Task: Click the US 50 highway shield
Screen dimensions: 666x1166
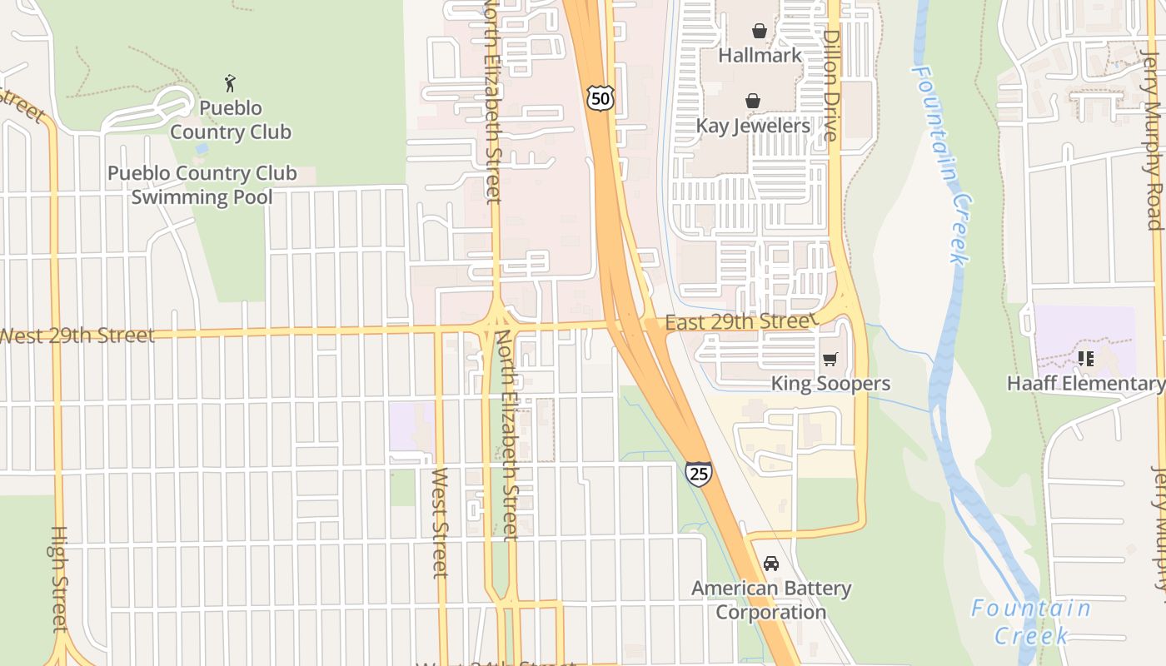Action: pos(600,97)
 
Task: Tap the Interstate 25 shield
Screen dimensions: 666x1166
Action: pos(699,473)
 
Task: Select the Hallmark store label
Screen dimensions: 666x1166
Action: pos(760,56)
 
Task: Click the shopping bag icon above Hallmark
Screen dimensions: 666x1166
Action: pos(760,32)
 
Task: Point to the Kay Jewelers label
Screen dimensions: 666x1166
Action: pos(753,127)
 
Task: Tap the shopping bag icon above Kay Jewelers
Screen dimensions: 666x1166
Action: pos(753,102)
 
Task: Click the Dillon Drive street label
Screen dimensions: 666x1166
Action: pos(831,86)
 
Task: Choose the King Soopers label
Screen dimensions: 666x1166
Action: pos(830,384)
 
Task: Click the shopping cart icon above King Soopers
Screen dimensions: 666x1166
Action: pos(830,360)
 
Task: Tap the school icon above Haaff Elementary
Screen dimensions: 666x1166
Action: pos(1085,359)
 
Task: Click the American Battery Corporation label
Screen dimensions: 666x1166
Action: pos(771,600)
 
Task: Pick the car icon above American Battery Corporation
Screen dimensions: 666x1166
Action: pos(771,564)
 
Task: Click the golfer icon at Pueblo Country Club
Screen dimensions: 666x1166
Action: pos(231,83)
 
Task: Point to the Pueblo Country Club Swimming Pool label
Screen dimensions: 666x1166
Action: pos(202,185)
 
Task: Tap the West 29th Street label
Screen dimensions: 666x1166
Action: pos(77,336)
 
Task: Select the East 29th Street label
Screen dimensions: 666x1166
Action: pos(737,322)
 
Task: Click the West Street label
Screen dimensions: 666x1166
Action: pos(440,523)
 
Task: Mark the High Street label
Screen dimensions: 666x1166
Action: pos(58,579)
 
